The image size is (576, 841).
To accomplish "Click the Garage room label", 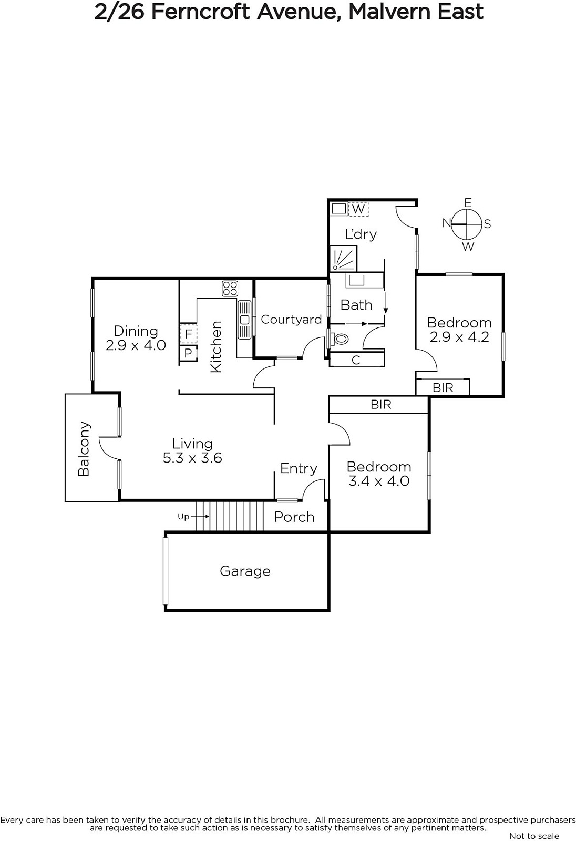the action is pos(245,571).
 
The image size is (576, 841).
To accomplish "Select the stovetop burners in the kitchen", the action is pos(230,289).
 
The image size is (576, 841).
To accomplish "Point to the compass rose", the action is pos(467,224).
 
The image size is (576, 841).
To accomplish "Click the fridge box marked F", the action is pos(189,333).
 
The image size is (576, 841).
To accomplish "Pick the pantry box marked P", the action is pos(188,353).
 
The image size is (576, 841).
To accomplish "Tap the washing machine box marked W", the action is pos(358,209).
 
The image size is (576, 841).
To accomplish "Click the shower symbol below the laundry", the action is pos(343,258).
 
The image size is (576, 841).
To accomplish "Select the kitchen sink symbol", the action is pos(244,320).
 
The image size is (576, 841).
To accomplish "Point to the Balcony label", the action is pos(84,449).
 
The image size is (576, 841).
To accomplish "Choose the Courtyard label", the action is pos(291,320).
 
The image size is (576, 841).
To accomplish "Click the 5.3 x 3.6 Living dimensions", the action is pos(192,458).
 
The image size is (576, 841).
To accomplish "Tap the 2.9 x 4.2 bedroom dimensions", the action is pos(459,337).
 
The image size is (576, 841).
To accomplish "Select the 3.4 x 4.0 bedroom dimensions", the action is pos(379,481).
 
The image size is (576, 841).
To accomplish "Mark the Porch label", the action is pos(294,517).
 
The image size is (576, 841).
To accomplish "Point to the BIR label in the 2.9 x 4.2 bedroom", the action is pos(443,387).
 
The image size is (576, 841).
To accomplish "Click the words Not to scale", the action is pos(534,836).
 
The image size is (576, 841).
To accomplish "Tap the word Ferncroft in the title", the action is pos(201,12).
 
